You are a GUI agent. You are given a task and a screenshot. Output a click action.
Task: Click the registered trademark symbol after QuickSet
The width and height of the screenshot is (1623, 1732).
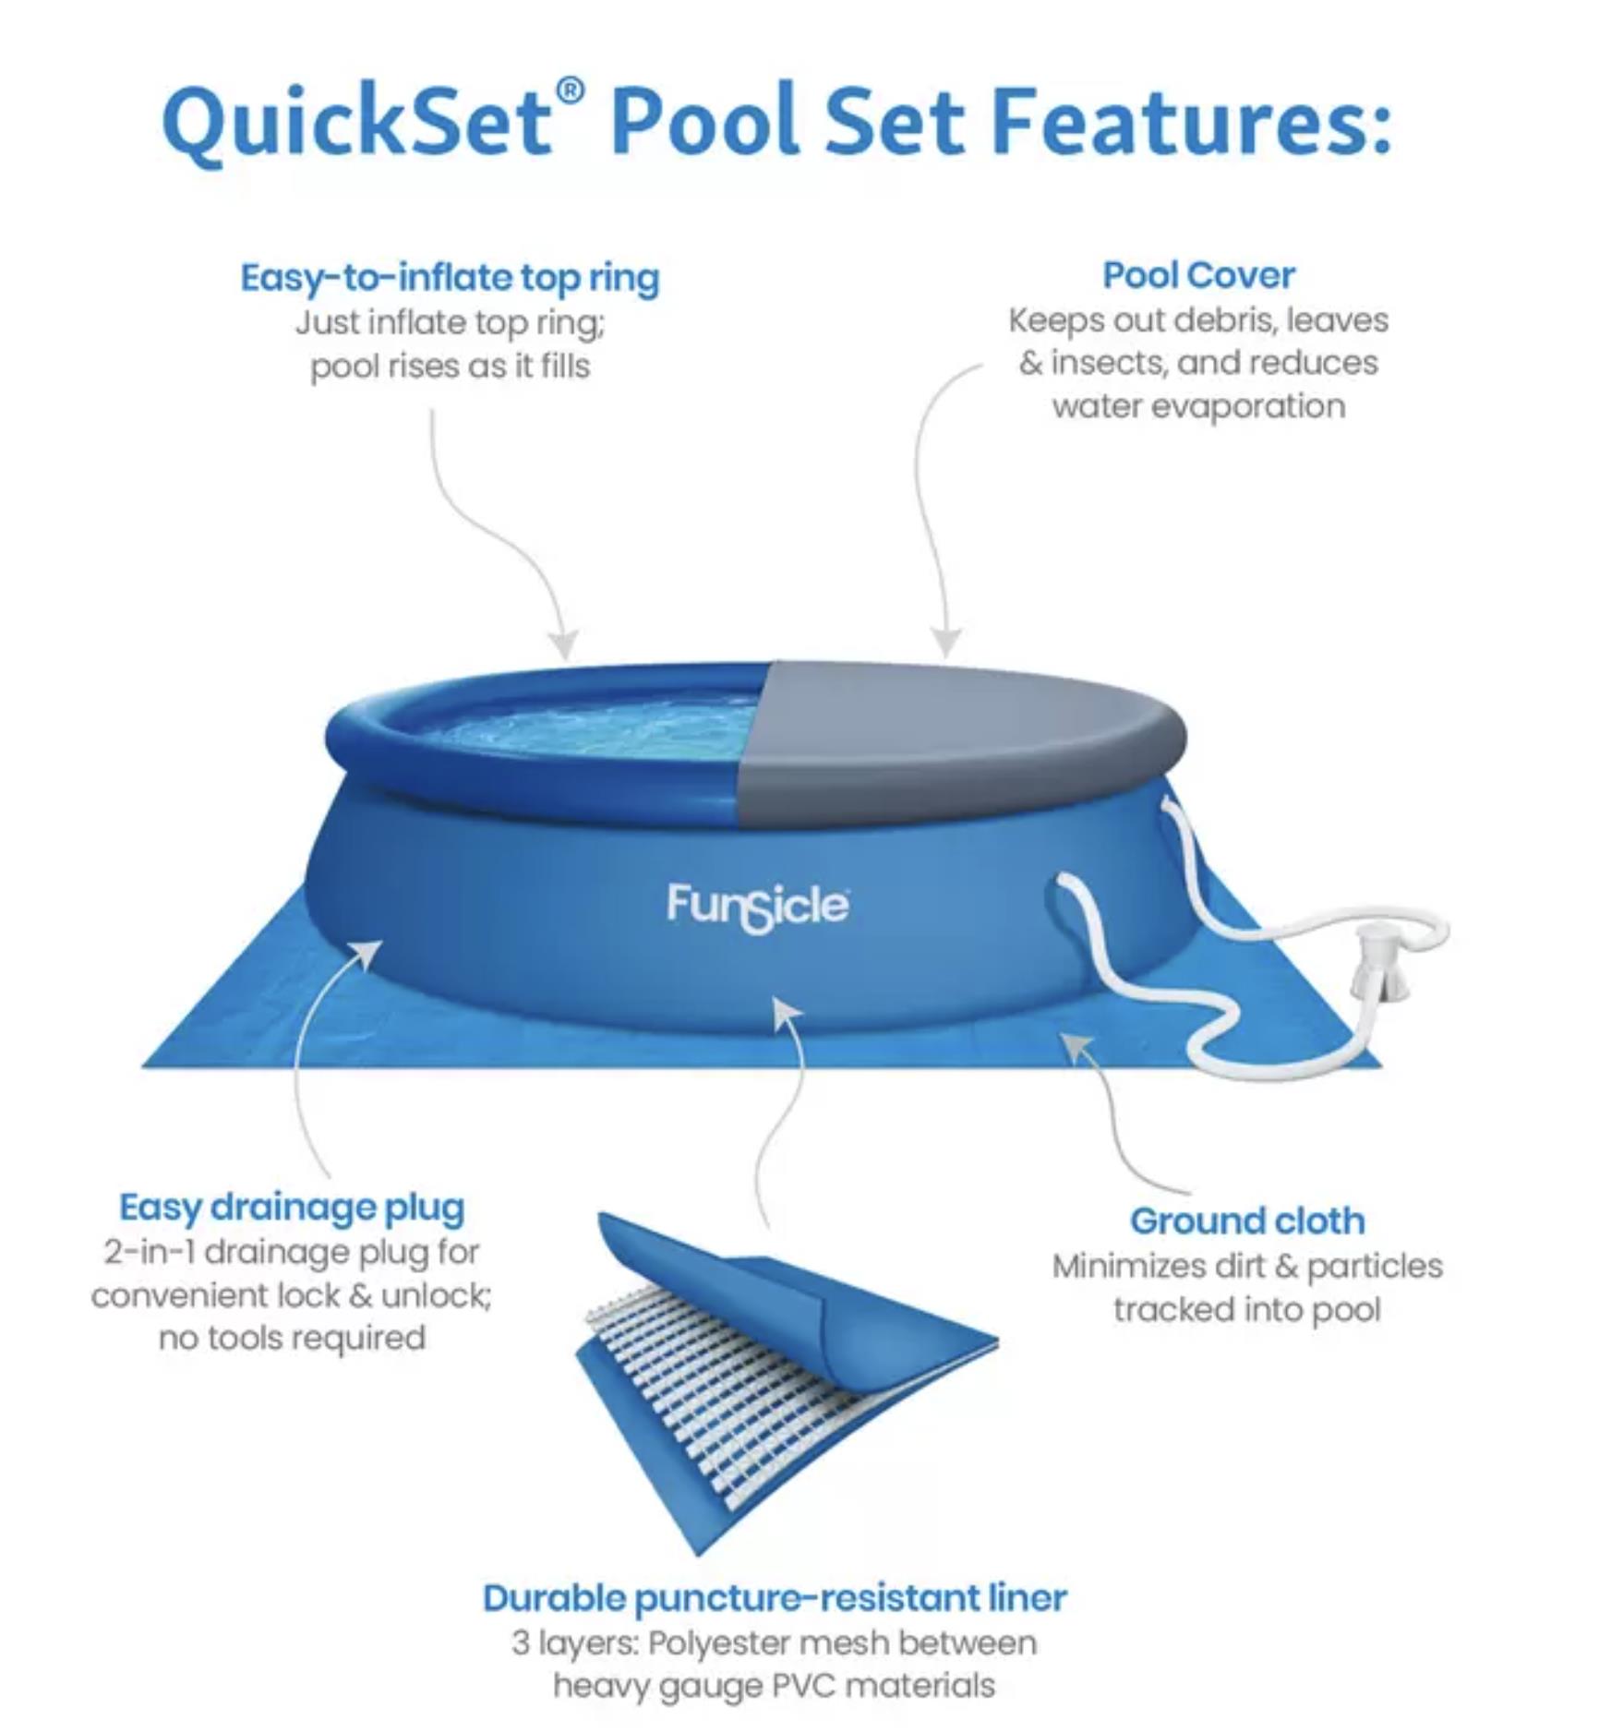(571, 90)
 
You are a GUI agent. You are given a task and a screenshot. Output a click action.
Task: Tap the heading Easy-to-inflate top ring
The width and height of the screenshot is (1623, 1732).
(450, 278)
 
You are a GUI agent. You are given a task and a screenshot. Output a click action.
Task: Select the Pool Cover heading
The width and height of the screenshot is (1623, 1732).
(1198, 274)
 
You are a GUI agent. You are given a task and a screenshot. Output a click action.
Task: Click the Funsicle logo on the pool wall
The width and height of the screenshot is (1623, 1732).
(757, 907)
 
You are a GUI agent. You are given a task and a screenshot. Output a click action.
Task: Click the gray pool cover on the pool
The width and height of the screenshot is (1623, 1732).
(960, 729)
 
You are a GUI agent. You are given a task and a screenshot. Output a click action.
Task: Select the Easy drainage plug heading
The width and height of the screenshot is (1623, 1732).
(292, 1208)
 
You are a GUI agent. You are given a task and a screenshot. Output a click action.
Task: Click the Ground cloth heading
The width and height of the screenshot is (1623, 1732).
(1247, 1221)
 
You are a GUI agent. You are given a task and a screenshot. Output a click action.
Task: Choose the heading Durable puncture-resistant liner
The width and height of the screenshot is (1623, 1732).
(775, 1597)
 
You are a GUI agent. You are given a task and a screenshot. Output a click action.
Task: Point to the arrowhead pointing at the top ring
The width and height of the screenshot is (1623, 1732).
(562, 643)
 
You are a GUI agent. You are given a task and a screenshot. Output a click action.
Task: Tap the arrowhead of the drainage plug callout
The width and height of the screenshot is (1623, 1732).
(368, 955)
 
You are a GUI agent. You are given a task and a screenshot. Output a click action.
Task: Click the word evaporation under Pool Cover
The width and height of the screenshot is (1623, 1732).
(1242, 406)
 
